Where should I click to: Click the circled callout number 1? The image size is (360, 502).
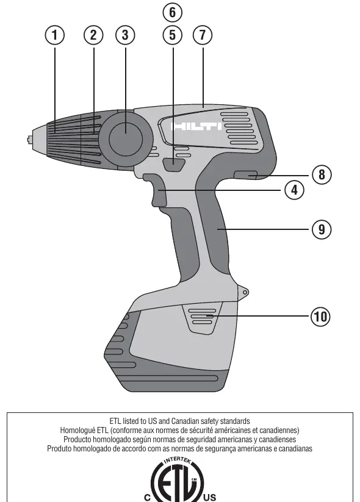point(54,35)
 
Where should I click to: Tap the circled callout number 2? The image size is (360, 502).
point(93,35)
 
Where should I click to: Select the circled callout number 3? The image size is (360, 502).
point(125,35)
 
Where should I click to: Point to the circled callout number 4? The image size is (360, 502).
point(294,190)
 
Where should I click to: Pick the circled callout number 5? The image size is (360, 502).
point(173,35)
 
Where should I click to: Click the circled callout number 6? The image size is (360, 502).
point(173,12)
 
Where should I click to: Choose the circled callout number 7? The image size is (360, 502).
point(203,35)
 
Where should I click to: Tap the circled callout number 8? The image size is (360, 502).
point(322,174)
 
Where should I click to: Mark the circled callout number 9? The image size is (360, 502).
point(322,229)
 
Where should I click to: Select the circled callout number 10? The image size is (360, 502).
point(320,317)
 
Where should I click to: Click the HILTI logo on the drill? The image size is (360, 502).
point(196,126)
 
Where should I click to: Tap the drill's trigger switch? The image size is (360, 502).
point(155,190)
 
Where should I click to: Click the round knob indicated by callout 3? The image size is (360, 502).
point(125,139)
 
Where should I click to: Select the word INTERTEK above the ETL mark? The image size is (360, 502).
point(178,461)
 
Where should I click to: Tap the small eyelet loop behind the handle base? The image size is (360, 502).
point(244,292)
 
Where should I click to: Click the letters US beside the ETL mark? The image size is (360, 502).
point(209,498)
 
